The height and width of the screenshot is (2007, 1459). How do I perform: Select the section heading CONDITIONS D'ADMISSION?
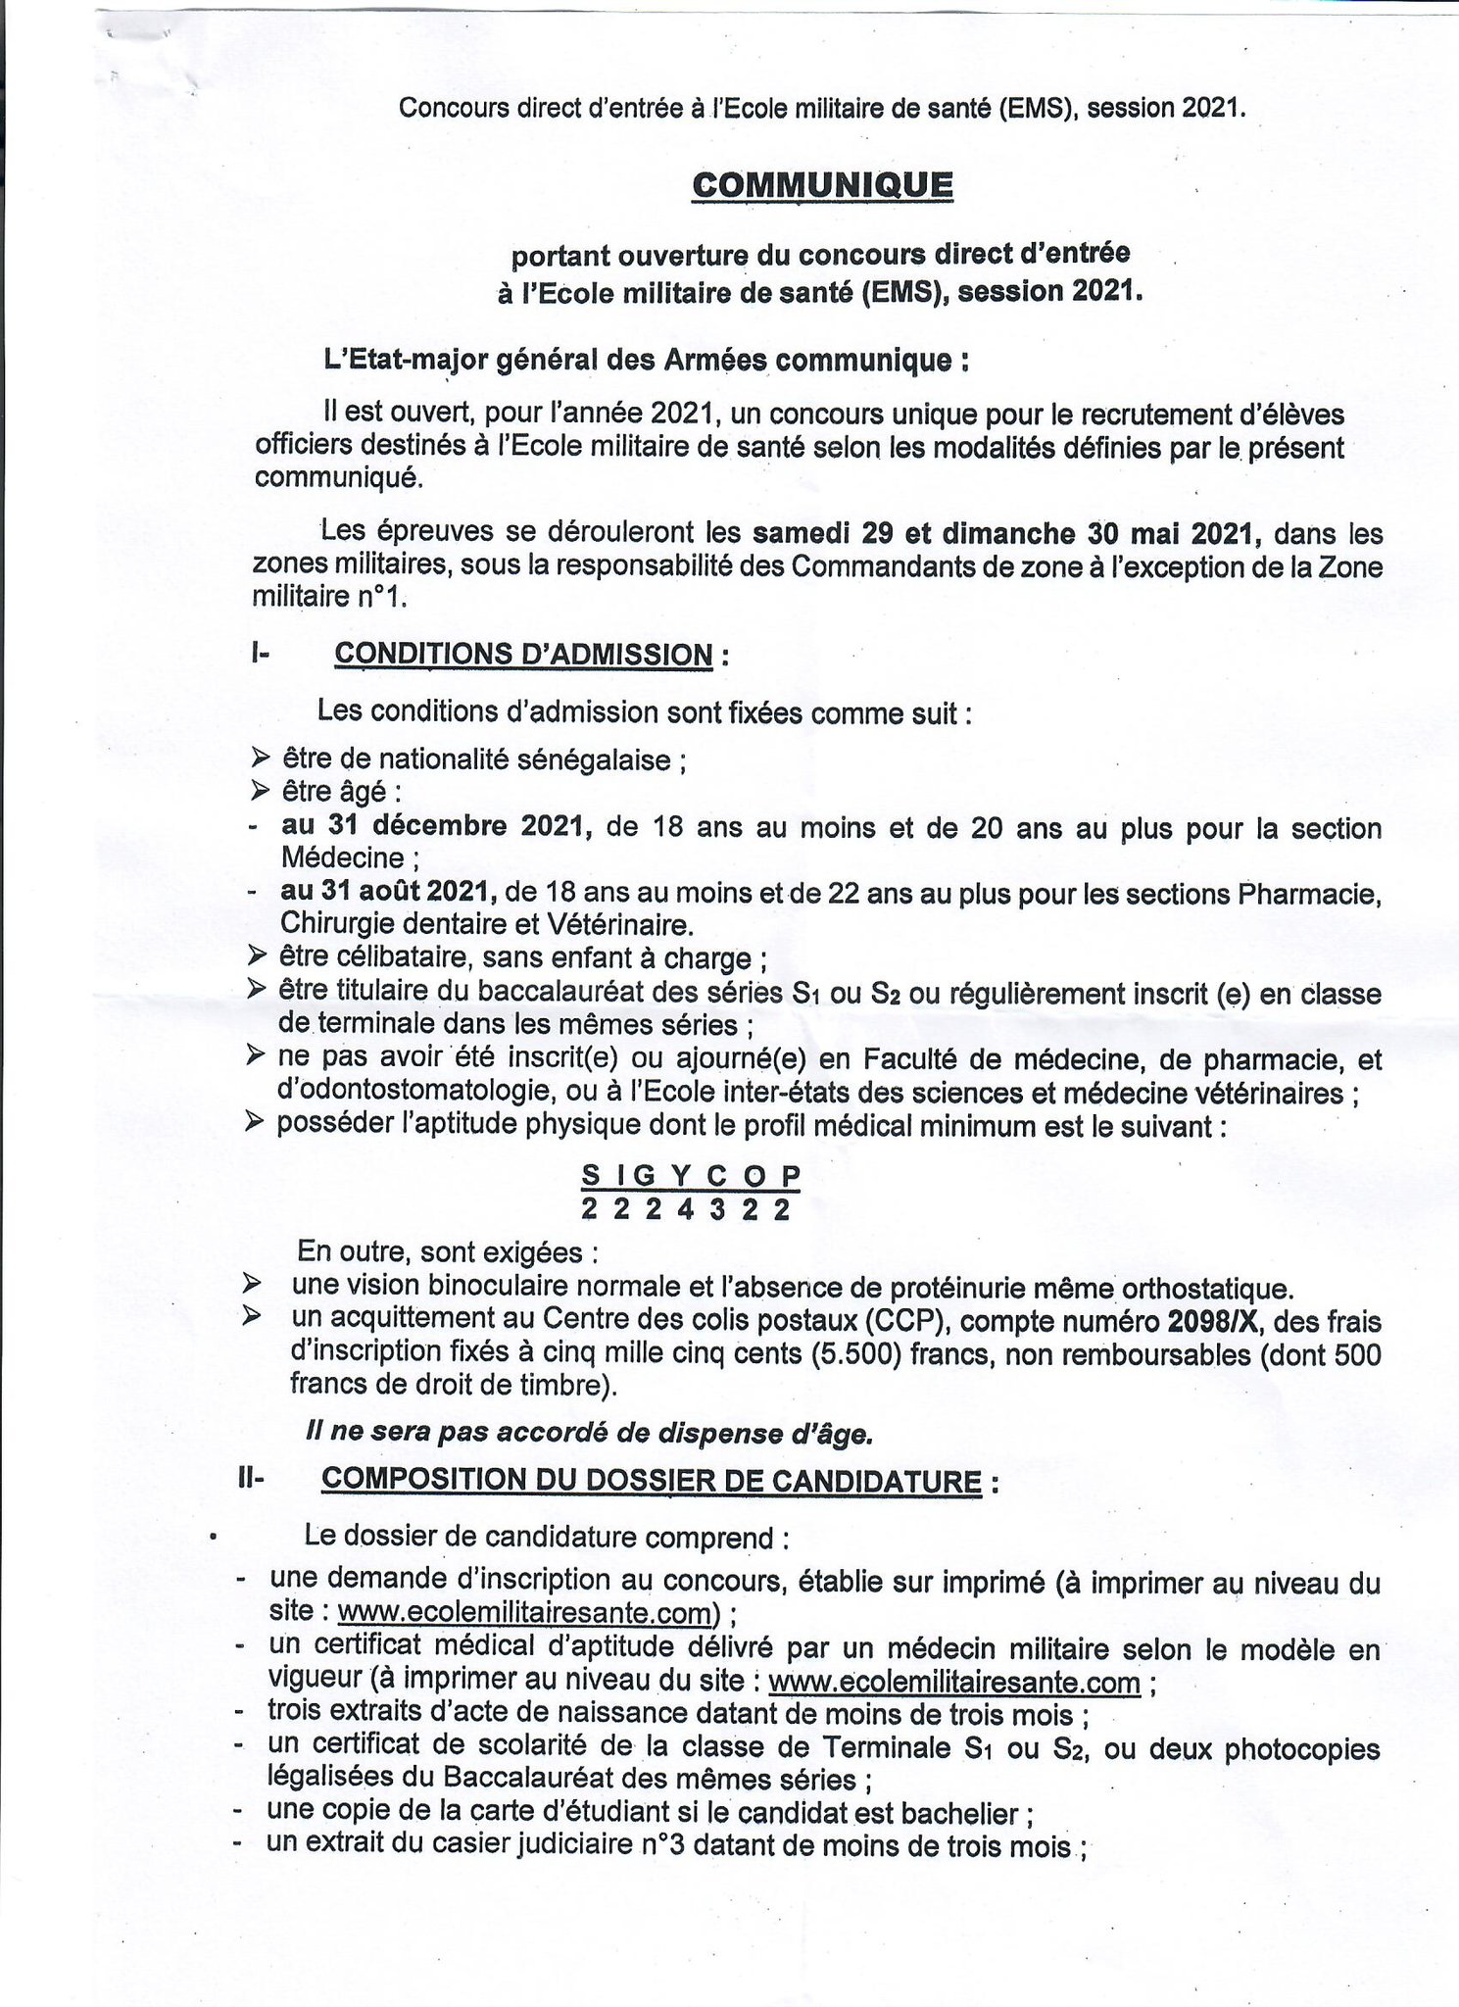click(x=523, y=654)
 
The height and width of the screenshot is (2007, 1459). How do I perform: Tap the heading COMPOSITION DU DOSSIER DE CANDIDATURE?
click(x=651, y=1480)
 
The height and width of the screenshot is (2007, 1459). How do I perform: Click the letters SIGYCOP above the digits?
click(x=691, y=1174)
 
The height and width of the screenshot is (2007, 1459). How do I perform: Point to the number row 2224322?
click(x=685, y=1209)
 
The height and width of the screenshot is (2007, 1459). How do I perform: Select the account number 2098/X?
click(x=1215, y=1322)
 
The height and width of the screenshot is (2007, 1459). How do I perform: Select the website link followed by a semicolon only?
click(x=954, y=1683)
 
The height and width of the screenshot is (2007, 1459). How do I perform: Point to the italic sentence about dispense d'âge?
click(x=589, y=1434)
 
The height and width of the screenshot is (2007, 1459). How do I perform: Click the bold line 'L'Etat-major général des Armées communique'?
click(x=647, y=361)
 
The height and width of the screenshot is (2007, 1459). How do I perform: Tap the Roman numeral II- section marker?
click(x=250, y=1480)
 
